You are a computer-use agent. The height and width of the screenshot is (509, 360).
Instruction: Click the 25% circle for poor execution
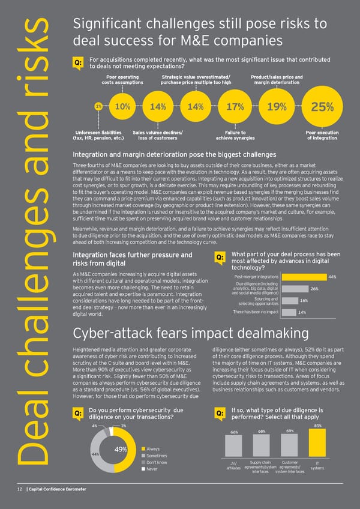[322, 107]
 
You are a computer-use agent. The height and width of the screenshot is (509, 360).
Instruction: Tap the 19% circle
[276, 107]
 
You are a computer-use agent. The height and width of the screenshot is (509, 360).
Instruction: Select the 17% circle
[235, 107]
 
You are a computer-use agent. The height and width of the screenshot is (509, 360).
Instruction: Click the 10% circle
[122, 106]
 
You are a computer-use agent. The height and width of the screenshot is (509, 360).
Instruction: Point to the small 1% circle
[97, 106]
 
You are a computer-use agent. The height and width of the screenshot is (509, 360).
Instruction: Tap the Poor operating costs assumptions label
[122, 80]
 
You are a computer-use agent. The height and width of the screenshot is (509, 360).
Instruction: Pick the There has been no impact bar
[288, 312]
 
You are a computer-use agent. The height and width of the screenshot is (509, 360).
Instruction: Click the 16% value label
[304, 301]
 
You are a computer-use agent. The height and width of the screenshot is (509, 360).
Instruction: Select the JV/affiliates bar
[235, 446]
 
